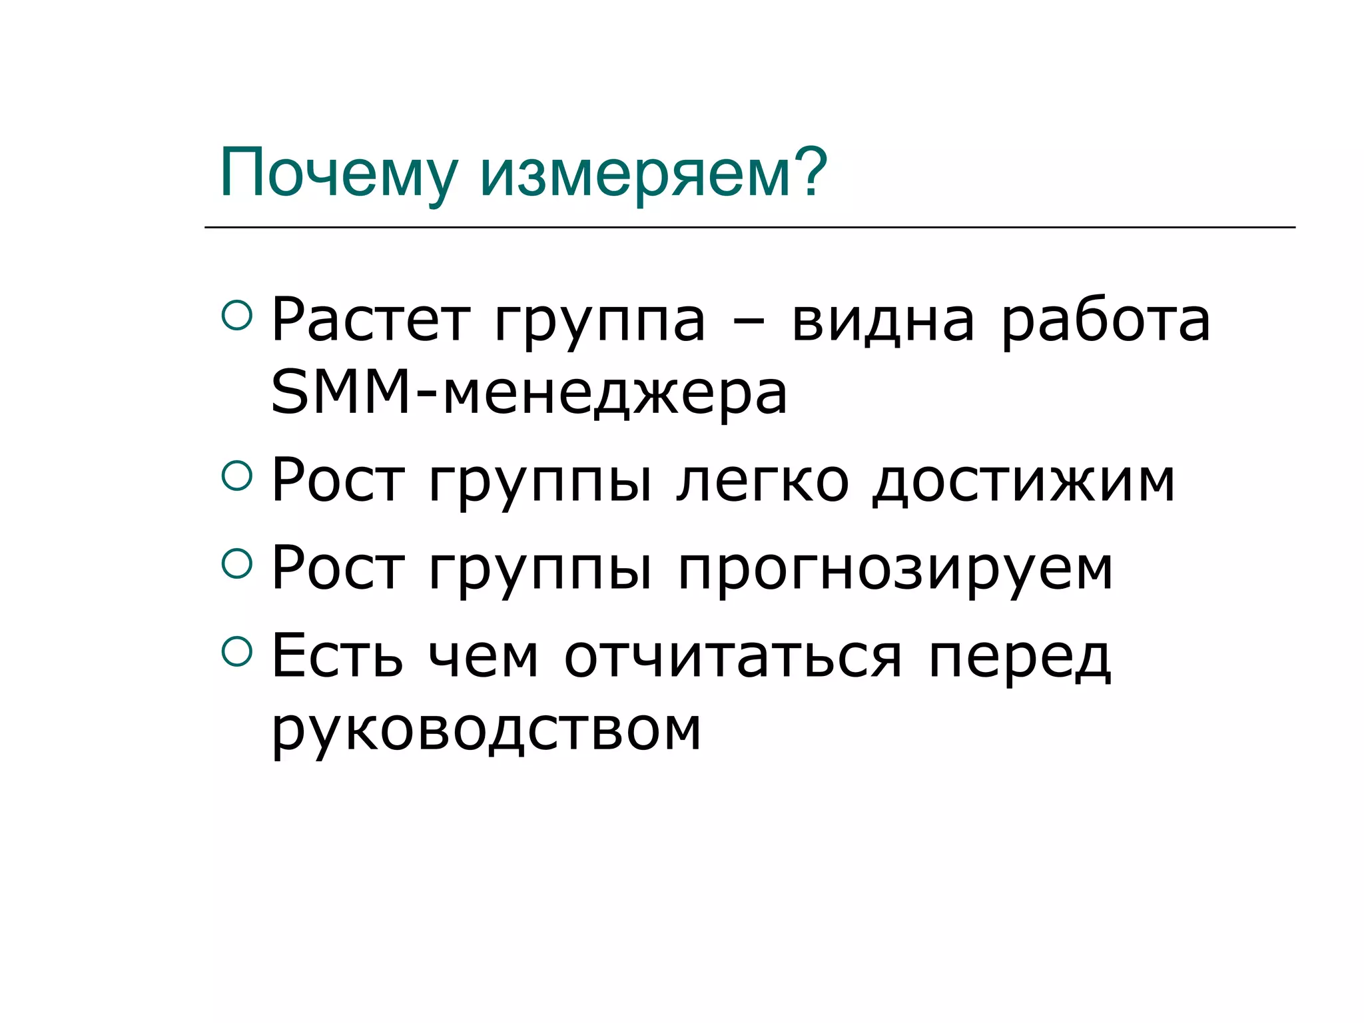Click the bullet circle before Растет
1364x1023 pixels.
237,315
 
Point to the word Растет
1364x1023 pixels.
370,322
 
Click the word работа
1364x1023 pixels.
1106,322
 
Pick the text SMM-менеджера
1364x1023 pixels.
529,394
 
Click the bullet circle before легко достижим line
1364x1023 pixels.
237,476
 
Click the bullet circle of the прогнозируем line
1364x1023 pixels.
237,563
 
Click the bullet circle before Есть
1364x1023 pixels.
237,651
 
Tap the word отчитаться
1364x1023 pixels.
733,658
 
